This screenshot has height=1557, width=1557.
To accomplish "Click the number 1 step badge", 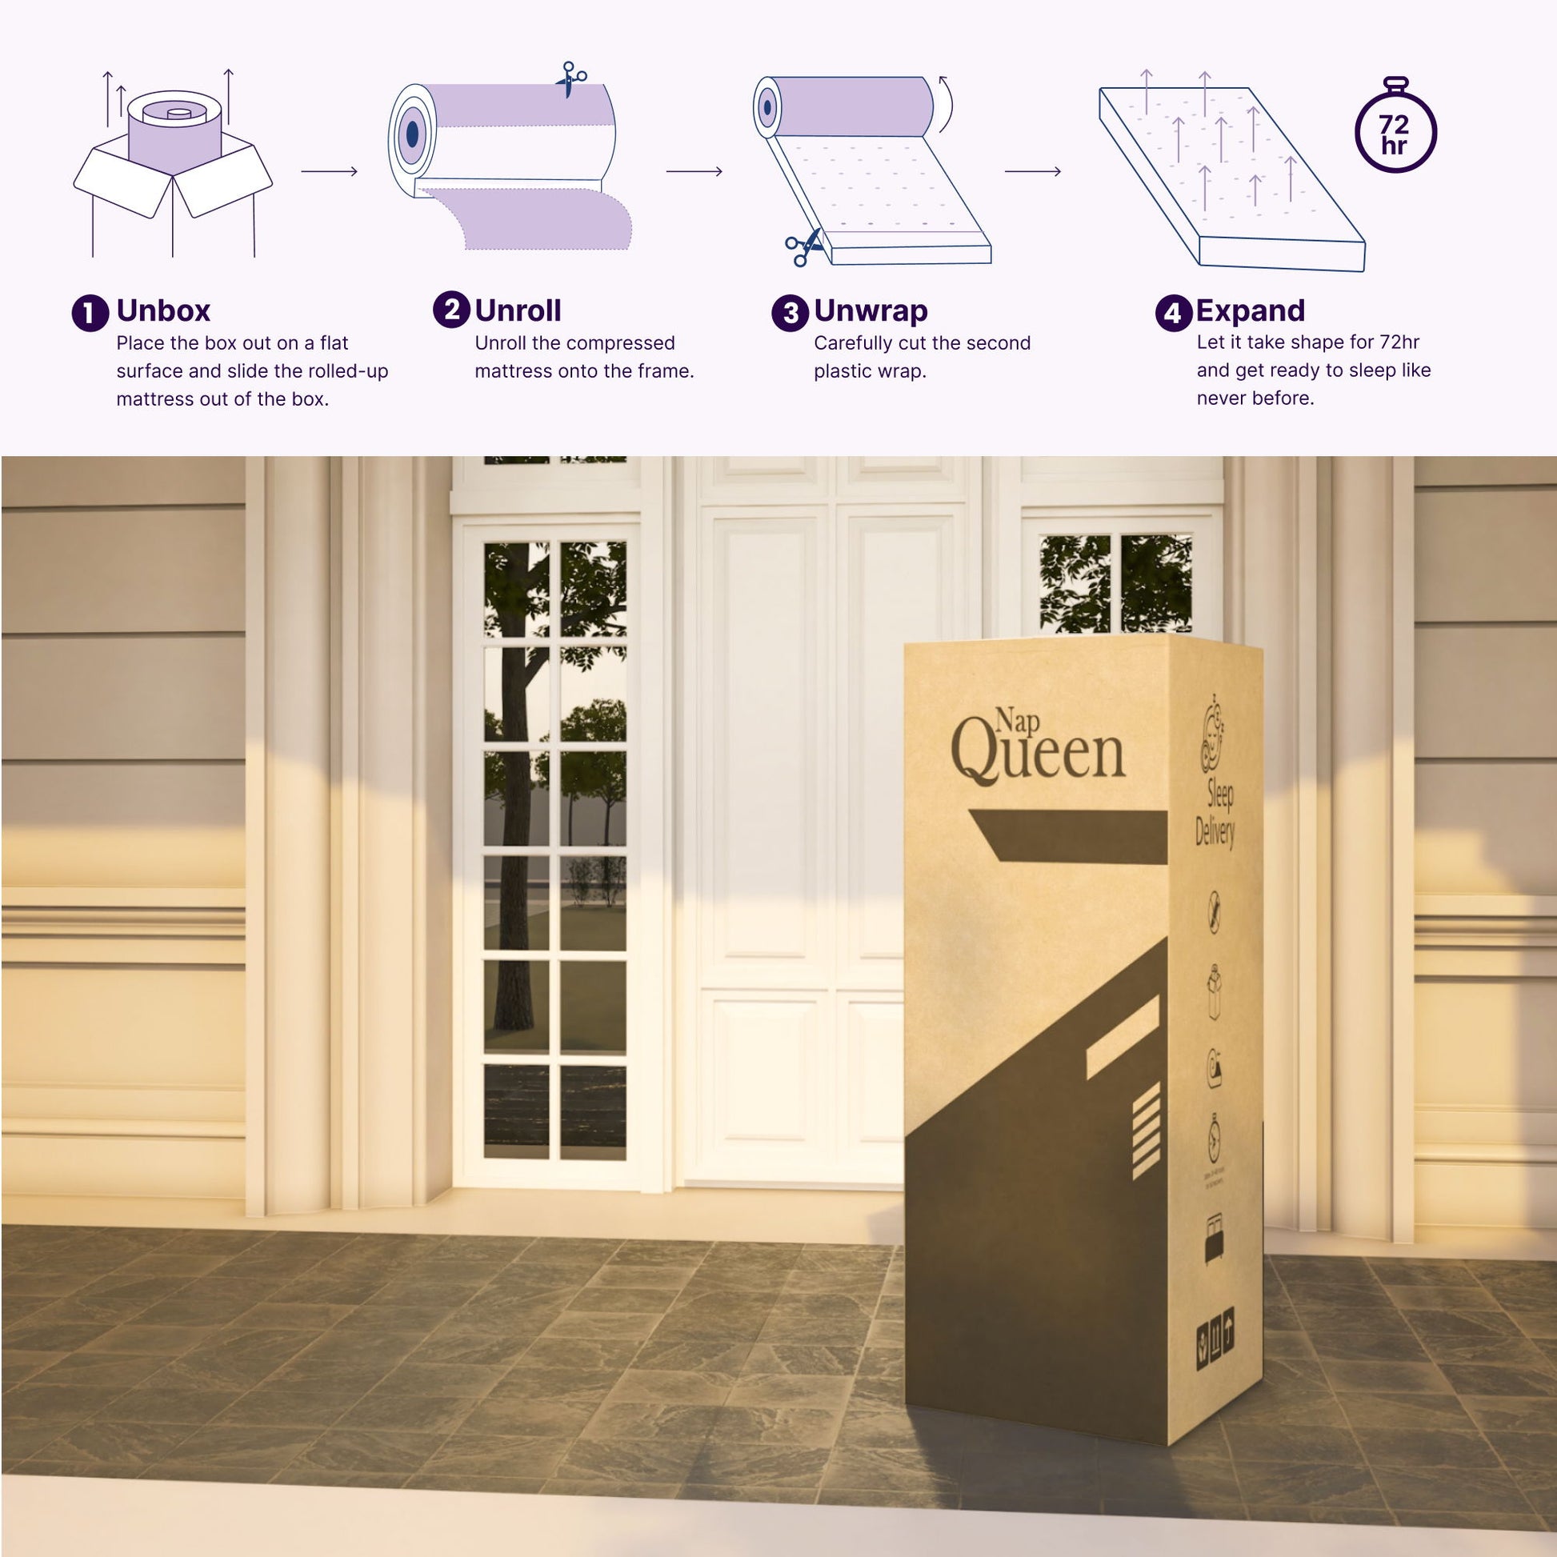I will (x=90, y=314).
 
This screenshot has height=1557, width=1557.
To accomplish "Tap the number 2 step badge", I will (x=451, y=310).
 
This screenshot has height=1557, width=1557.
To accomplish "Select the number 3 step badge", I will (x=790, y=314).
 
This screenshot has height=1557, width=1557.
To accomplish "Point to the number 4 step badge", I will (x=1174, y=314).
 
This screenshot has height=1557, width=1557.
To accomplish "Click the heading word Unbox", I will (x=162, y=311).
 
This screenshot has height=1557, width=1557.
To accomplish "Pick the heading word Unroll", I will (x=518, y=311).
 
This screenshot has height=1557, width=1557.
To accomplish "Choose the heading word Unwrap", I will (x=871, y=311).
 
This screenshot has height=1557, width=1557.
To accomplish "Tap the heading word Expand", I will (x=1250, y=311).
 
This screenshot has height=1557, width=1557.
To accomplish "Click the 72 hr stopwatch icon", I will (x=1395, y=129).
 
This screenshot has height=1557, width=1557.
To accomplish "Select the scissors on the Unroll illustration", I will (x=571, y=78).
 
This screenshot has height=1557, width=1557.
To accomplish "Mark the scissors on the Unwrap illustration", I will (x=803, y=246).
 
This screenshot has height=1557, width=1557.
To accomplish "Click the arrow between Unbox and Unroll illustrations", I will (x=329, y=171).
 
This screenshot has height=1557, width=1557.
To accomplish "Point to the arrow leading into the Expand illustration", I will (x=1032, y=171).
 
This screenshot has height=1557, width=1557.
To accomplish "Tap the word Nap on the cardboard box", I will (x=1017, y=719).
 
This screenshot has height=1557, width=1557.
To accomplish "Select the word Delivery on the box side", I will (x=1215, y=831).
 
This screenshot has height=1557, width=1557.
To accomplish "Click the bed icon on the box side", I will (x=1214, y=1238).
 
